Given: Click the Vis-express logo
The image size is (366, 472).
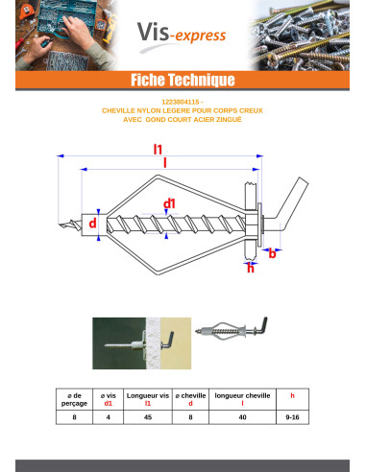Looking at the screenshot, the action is [182, 35].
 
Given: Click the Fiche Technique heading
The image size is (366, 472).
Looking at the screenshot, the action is [183, 80].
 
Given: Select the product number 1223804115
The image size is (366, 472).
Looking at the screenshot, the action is [180, 102].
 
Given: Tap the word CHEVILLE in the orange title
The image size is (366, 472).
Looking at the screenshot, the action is [118, 110].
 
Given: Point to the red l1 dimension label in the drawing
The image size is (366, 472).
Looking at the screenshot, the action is [158, 150].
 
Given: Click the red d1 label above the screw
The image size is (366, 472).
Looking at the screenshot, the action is [169, 203].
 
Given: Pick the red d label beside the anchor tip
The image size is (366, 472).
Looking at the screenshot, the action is [92, 223].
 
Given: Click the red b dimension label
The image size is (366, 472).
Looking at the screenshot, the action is [272, 253].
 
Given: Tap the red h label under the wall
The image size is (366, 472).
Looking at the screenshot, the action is [251, 268].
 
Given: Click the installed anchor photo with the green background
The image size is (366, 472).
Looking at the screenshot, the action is [142, 343].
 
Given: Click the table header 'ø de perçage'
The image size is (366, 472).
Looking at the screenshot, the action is [74, 399].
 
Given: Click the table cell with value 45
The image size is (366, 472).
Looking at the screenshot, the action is [148, 417].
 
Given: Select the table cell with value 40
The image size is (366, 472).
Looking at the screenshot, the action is [242, 417].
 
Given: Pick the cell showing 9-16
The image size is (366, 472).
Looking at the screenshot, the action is [292, 417].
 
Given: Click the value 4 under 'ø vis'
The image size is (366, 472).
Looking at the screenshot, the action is [109, 417].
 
